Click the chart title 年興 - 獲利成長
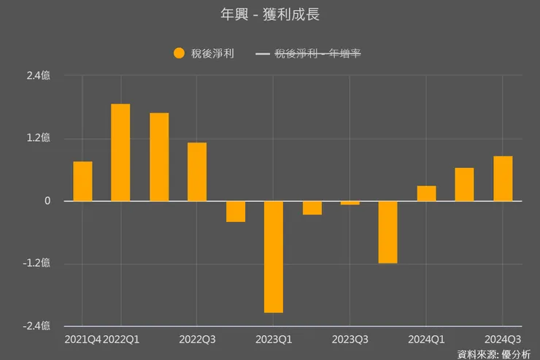(269, 15)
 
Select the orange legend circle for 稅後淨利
(180, 53)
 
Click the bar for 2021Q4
(82, 181)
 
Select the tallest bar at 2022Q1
(120, 153)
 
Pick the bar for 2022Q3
(197, 172)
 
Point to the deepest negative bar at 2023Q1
(274, 256)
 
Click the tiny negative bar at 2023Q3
(350, 203)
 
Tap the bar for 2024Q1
(426, 194)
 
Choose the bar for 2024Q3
(503, 179)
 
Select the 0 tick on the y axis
(47, 202)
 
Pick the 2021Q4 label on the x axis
(82, 340)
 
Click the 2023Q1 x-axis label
(274, 340)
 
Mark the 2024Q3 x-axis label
(503, 340)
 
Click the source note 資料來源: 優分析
(494, 354)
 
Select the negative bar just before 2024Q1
(388, 232)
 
